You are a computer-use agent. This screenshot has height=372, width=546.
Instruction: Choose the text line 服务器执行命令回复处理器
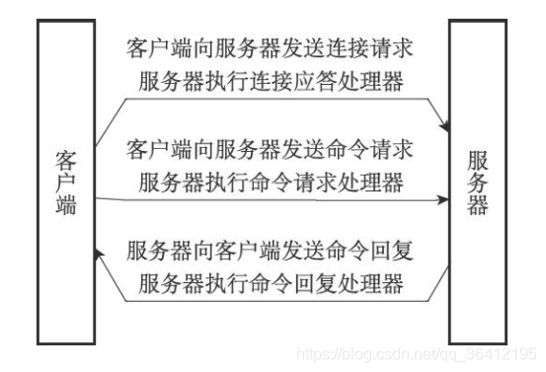click(x=271, y=284)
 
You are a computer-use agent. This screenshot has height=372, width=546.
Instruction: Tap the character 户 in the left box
click(x=67, y=184)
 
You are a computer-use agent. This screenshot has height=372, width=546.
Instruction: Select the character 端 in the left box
click(x=67, y=207)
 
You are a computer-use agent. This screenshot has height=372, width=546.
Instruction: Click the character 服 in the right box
click(x=478, y=161)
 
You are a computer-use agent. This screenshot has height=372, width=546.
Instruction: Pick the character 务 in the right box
click(x=478, y=184)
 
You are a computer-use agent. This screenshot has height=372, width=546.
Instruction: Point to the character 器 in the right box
click(x=478, y=207)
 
